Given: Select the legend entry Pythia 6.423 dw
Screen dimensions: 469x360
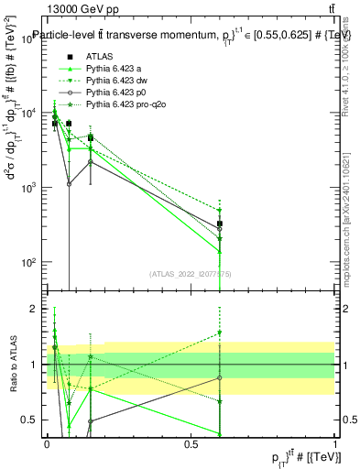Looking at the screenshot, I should coord(115,81).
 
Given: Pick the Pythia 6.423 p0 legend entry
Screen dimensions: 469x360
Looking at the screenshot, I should coord(115,93).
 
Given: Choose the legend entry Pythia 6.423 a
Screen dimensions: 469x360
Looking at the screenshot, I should coord(114,69).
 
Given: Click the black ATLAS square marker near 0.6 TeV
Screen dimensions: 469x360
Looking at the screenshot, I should coord(220,224).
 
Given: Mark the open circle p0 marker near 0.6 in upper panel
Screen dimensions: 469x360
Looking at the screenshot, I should coord(220,229).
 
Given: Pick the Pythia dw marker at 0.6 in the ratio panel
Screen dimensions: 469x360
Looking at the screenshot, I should coord(220,333).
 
